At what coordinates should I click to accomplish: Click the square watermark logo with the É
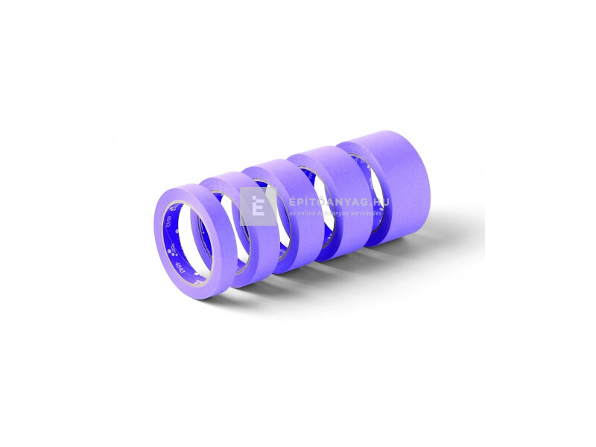point(258,206)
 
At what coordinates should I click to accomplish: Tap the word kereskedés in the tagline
point(364,214)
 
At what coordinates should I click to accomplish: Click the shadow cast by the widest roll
point(432,238)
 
